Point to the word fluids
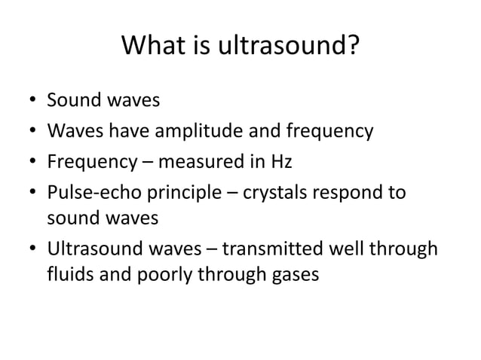[69, 275]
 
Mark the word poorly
[165, 275]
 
